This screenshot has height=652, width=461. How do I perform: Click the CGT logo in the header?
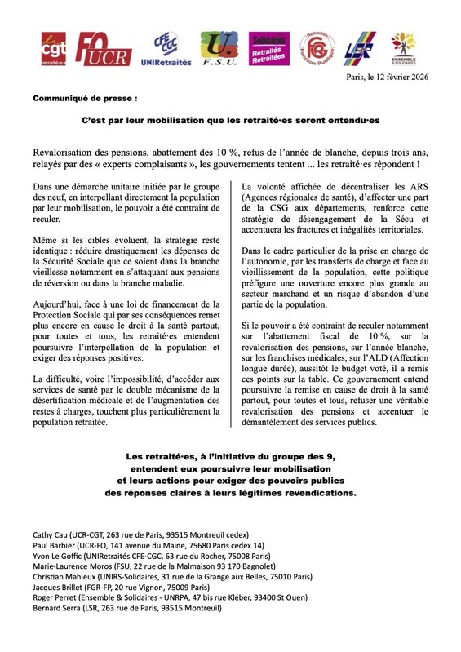pyautogui.click(x=55, y=50)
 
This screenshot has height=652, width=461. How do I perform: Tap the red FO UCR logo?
pyautogui.click(x=103, y=50)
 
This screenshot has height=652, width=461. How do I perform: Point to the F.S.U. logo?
pyautogui.click(x=218, y=50)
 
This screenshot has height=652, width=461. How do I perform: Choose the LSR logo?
pyautogui.click(x=359, y=50)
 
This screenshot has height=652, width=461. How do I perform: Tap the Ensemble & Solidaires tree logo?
pyautogui.click(x=405, y=50)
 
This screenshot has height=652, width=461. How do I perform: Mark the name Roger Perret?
pyautogui.click(x=51, y=597)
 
